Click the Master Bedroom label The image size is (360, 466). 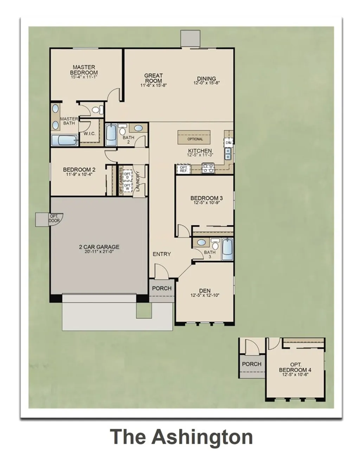[x=84, y=70]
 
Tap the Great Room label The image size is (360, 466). [x=154, y=78]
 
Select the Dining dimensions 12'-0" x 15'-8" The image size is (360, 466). [x=206, y=83]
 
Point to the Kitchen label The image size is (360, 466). [x=200, y=151]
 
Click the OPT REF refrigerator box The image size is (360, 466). [x=183, y=169]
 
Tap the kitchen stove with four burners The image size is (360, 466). [x=208, y=169]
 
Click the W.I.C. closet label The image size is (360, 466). [x=90, y=134]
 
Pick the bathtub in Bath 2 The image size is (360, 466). [x=111, y=134]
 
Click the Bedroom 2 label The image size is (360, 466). [x=79, y=170]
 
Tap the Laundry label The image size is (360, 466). [x=138, y=181]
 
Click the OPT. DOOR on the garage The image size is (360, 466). [x=54, y=218]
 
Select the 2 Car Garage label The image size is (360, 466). [x=99, y=247]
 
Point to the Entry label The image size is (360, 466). [x=162, y=254]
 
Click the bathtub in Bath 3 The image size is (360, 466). [x=227, y=249]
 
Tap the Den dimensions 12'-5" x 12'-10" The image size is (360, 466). [x=205, y=295]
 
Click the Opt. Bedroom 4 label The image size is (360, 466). [x=295, y=368]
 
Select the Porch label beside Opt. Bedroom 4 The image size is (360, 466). [x=252, y=364]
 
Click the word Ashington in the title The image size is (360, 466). [x=202, y=437]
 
